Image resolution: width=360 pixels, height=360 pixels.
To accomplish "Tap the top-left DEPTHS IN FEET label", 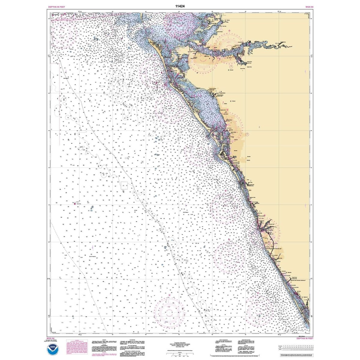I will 56,6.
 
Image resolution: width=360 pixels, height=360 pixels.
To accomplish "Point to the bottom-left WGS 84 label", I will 50,338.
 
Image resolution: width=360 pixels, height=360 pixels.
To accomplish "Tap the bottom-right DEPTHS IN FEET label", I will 303,338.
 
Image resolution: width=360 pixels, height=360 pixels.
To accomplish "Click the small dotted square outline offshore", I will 124,186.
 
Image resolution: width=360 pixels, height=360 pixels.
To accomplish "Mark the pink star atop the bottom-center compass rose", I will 169,295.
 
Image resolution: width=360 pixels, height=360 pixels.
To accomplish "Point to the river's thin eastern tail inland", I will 288,46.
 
